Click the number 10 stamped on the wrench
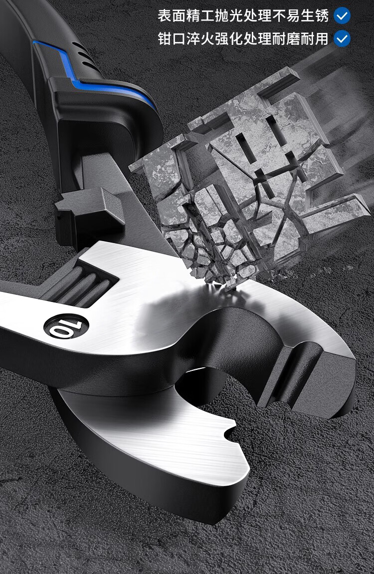click(66, 327)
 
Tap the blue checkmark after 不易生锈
click(342, 16)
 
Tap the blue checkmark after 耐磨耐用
click(342, 39)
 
